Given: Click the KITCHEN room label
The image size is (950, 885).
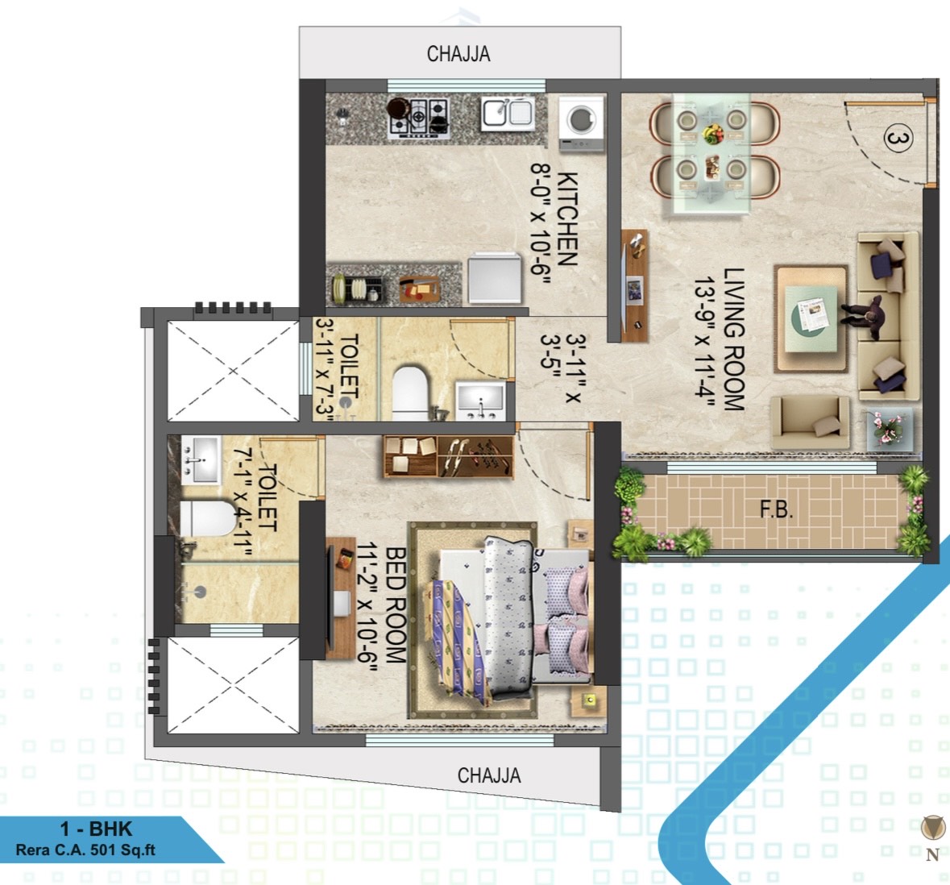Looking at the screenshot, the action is (567, 218).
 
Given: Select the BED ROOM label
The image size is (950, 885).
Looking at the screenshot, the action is (395, 605).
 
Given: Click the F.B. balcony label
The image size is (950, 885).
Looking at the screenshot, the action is (776, 509).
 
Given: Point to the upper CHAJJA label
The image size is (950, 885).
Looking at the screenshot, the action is (458, 54).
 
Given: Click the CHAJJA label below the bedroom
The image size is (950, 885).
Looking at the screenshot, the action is (489, 775).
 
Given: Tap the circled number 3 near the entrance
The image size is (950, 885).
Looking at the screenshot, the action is (898, 139).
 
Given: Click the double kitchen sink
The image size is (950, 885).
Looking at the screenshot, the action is (508, 114).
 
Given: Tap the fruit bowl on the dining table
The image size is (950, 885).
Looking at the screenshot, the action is (712, 133).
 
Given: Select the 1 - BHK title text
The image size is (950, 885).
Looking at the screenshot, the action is (96, 828).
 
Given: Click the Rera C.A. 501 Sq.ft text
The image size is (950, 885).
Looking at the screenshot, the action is (85, 850).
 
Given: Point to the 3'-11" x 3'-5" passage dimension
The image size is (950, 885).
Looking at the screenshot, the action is (561, 368).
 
